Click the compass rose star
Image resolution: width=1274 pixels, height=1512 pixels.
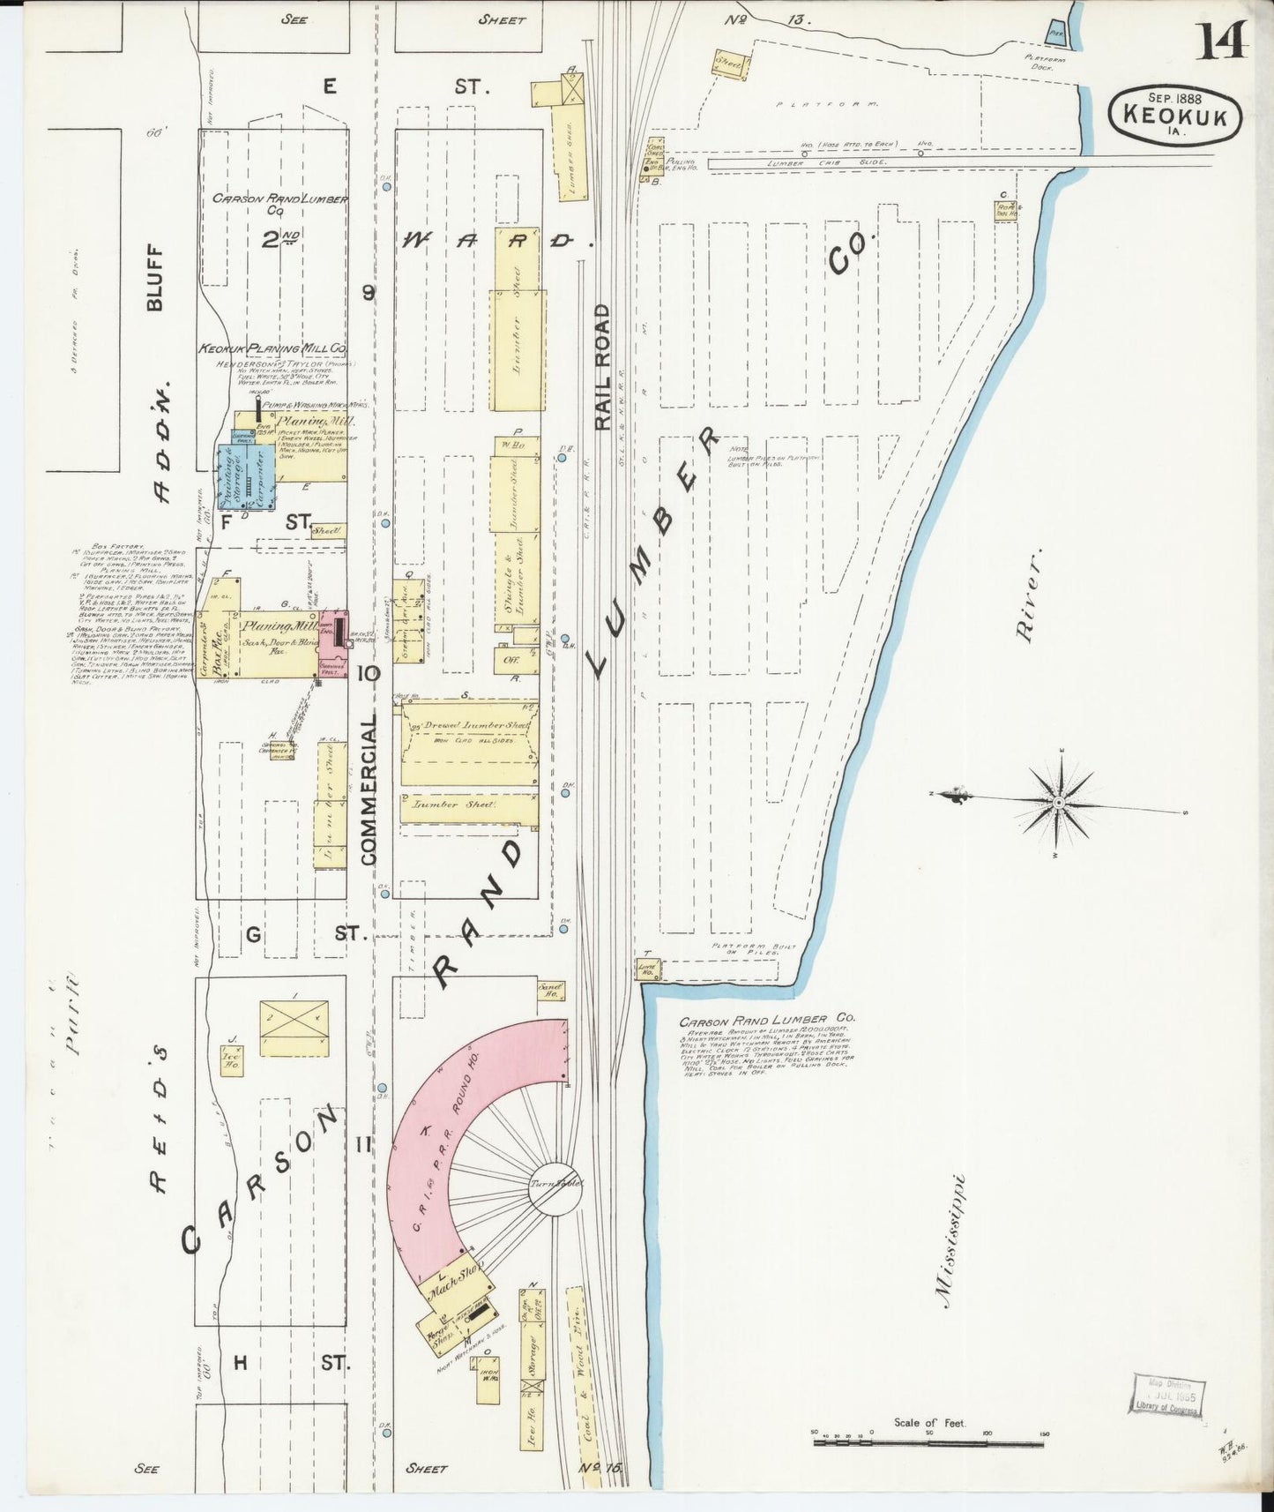[1059, 802]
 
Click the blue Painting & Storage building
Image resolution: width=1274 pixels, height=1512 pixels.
[231, 477]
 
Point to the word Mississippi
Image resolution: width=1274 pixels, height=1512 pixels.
[952, 1241]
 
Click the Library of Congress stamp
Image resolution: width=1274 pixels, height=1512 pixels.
[1169, 1396]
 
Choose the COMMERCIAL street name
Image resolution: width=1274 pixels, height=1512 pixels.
[369, 789]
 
